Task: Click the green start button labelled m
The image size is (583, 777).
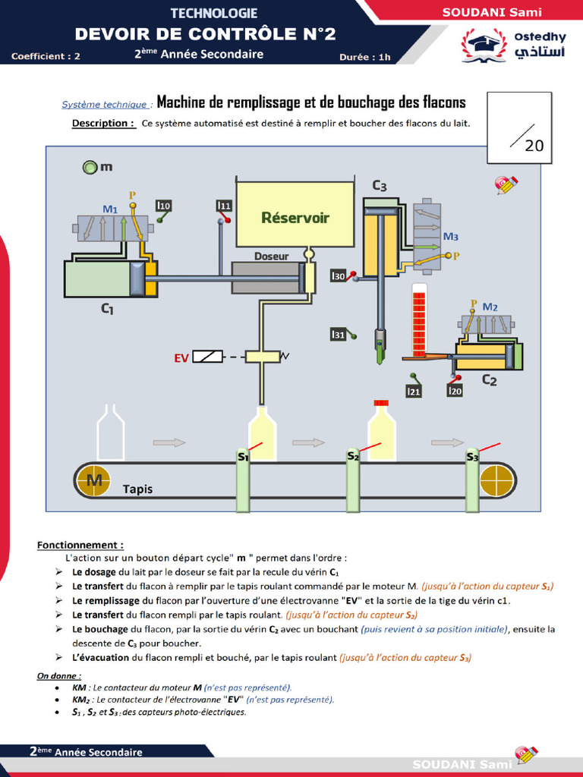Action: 90,166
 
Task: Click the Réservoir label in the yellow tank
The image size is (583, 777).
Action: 295,218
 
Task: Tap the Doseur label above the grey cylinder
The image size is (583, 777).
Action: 271,256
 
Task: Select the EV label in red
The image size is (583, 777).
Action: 181,357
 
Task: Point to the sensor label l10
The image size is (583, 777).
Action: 163,205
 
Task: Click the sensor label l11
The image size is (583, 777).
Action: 224,206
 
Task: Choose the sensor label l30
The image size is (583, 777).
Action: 339,276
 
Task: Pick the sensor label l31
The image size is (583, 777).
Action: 339,334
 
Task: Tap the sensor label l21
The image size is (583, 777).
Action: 413,391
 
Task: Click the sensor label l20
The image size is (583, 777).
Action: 455,391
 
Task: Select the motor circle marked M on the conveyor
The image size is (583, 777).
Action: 95,480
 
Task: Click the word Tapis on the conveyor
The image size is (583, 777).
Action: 137,489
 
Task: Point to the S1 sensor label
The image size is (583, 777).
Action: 243,457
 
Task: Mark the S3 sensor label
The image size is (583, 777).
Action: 472,457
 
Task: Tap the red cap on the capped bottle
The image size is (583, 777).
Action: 381,403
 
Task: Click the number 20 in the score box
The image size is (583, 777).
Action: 534,146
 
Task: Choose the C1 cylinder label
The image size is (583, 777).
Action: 107,309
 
